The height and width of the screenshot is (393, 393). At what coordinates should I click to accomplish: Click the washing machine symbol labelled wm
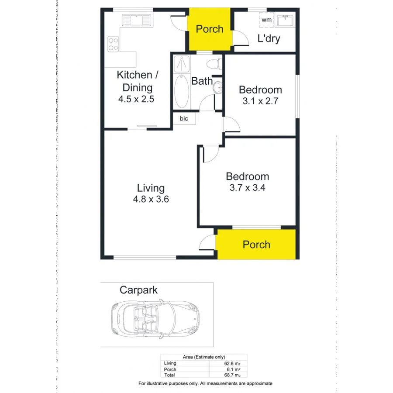[266, 20]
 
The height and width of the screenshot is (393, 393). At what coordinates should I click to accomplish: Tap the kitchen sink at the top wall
[136, 20]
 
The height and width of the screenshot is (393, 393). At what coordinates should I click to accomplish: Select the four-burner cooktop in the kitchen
[114, 43]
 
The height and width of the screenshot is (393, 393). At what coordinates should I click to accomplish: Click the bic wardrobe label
[184, 118]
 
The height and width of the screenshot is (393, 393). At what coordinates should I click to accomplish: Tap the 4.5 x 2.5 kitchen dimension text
[136, 99]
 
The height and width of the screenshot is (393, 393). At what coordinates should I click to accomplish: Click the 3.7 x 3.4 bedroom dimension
[247, 188]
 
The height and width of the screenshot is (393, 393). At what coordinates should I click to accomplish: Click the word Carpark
[138, 290]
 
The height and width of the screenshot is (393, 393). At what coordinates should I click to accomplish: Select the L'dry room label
[269, 38]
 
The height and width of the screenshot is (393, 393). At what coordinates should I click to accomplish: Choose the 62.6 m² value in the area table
[231, 363]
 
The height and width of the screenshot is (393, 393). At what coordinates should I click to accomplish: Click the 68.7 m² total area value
[231, 375]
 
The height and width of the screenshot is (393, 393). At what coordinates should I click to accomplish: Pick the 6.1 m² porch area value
[232, 369]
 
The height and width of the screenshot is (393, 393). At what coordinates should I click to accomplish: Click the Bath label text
[202, 81]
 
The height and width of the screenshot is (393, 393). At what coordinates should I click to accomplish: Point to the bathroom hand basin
[217, 88]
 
